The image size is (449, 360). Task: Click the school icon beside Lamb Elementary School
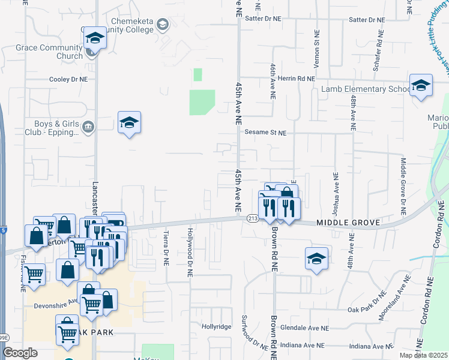pos(421,85)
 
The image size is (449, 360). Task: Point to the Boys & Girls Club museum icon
pos(88,126)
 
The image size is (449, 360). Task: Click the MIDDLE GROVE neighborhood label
pos(349,223)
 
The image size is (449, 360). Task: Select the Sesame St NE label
pos(265,132)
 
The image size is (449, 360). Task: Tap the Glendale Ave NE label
pos(308,328)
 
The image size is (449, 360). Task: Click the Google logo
pos(20,352)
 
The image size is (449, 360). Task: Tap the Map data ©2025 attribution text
pos(424,355)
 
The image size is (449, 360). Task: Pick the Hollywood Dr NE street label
pos(190,251)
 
